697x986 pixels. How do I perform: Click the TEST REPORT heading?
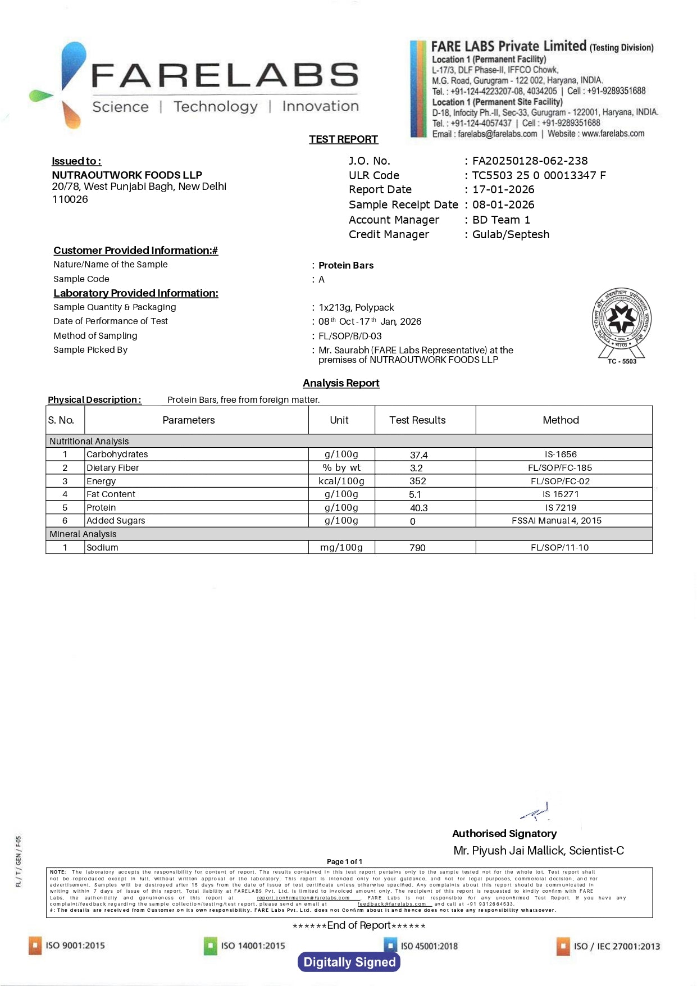[x=343, y=139]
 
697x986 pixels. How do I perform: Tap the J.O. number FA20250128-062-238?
[x=530, y=161]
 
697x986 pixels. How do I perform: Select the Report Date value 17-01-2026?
[x=503, y=190]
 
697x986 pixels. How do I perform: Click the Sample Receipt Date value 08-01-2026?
[x=503, y=205]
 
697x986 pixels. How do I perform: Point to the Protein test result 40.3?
[x=418, y=508]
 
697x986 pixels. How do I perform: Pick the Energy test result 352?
[x=417, y=481]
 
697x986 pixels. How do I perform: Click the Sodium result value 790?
[x=417, y=548]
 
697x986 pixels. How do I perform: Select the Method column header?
[x=561, y=420]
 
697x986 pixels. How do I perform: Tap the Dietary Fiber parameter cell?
[x=112, y=468]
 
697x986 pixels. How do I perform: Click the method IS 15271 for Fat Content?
[x=561, y=494]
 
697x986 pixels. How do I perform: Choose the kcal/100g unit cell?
[x=341, y=481]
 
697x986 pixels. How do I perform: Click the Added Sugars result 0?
[x=413, y=521]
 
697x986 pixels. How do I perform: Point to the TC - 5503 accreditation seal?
[x=622, y=324]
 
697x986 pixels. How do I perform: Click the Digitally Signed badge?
[x=349, y=962]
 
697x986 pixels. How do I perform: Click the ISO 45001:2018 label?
[x=429, y=946]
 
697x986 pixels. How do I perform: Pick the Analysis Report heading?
[x=341, y=383]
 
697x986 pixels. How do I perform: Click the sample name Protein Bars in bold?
[x=346, y=266]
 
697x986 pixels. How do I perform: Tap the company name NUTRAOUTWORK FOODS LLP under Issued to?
[x=127, y=175]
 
